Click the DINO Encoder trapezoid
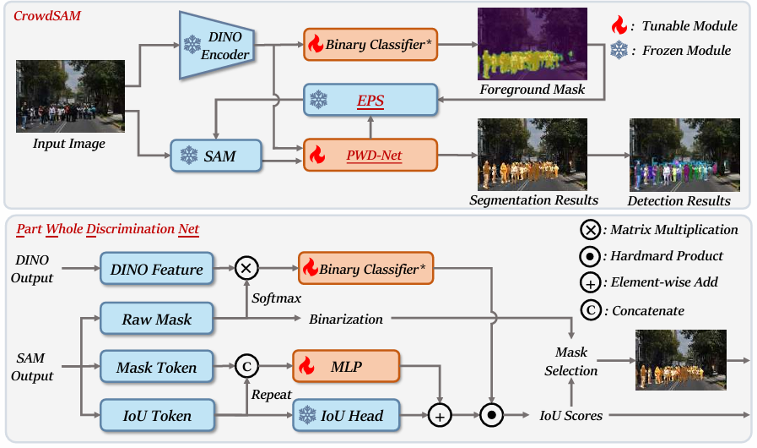216,45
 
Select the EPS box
370,100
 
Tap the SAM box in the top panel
216,156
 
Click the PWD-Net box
370,155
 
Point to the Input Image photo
70,96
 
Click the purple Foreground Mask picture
532,44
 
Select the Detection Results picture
685,155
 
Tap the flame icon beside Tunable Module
619,25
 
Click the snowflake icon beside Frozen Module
619,50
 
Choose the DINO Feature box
157,269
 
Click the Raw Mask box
157,319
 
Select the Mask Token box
157,367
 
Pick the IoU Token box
157,415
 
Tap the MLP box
346,366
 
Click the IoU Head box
346,415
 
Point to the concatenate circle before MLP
247,366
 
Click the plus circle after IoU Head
440,415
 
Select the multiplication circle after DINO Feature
247,268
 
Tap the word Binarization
346,319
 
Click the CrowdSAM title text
47,16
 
